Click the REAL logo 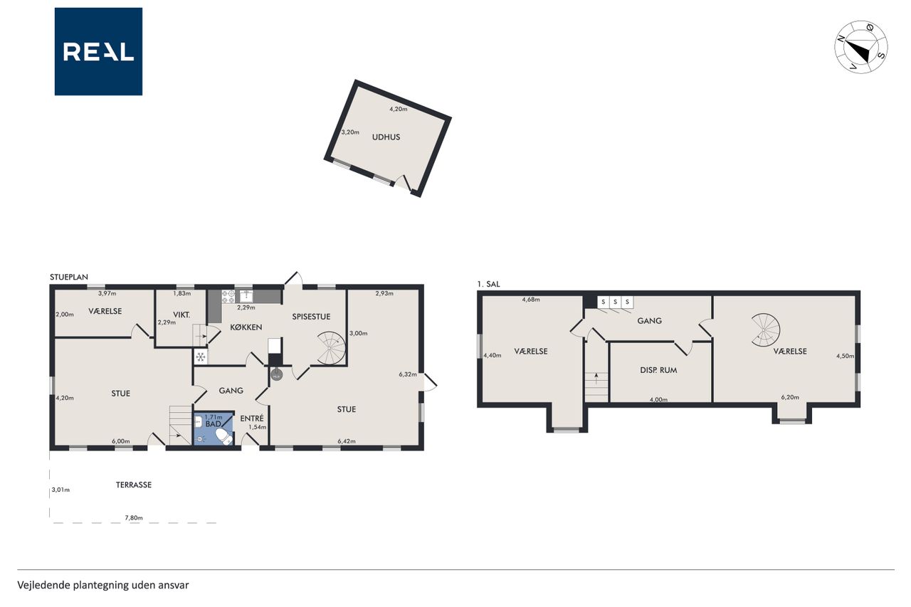[x=98, y=52]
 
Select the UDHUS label [x=386, y=137]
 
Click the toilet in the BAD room [x=224, y=436]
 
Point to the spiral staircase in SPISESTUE [x=331, y=348]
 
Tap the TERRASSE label [x=133, y=485]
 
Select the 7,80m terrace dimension [x=134, y=518]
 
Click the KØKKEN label [x=246, y=327]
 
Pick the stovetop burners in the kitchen [x=228, y=297]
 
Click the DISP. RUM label [x=658, y=370]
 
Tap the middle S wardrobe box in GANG [x=616, y=302]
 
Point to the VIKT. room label [x=181, y=315]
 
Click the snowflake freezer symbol [x=200, y=357]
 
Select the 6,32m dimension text [x=408, y=374]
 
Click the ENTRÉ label [x=252, y=418]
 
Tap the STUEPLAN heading [x=69, y=278]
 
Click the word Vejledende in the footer [x=43, y=586]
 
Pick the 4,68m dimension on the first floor [x=531, y=300]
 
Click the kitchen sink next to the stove [x=246, y=296]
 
